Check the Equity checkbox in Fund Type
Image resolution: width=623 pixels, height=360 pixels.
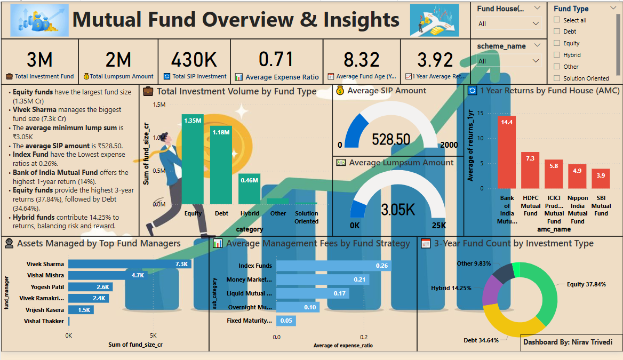[557, 43]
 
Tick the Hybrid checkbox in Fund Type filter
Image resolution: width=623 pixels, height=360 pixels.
[557, 55]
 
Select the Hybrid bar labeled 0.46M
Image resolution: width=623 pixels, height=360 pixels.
[249, 189]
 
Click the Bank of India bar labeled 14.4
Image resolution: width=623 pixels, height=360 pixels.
[507, 153]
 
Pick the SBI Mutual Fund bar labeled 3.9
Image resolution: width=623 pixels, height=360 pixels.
[601, 179]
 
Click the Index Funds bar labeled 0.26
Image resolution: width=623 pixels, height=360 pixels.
[333, 266]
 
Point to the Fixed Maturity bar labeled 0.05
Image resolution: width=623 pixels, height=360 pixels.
[286, 321]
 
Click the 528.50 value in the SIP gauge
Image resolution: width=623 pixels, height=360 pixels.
[391, 140]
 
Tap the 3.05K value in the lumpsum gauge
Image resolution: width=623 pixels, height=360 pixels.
[397, 210]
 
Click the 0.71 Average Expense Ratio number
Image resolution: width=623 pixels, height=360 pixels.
[276, 59]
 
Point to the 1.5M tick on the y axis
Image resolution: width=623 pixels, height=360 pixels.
[159, 105]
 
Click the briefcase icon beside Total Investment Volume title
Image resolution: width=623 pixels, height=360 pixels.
[149, 92]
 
